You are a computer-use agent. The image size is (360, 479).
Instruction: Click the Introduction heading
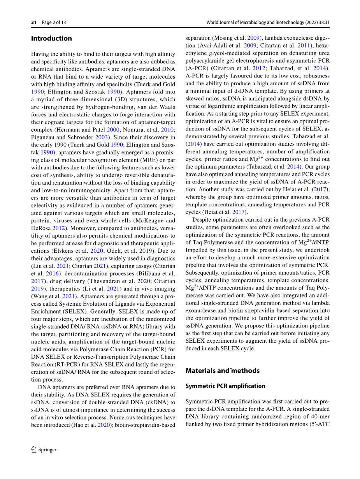pyautogui.click(x=51, y=38)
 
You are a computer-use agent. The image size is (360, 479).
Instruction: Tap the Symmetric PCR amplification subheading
pyautogui.click(x=225, y=386)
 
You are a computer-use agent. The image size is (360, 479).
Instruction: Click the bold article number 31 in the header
pyautogui.click(x=34, y=22)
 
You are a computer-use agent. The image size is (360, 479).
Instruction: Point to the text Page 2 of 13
pyautogui.click(x=54, y=22)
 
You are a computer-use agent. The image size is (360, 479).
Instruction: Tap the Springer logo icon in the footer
pyautogui.click(x=34, y=449)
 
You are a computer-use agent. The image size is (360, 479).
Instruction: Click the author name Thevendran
pyautogui.click(x=108, y=281)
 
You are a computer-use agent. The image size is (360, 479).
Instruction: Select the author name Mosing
pyautogui.click(x=222, y=38)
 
